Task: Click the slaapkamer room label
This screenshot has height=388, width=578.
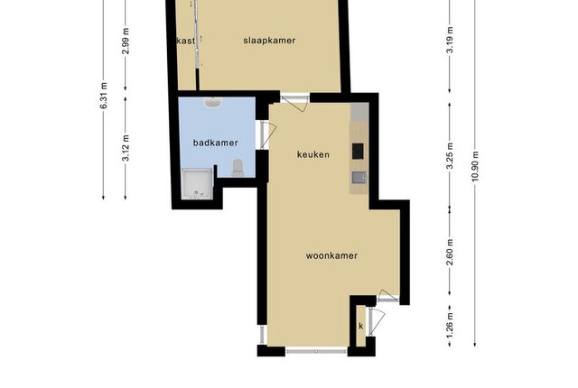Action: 269,41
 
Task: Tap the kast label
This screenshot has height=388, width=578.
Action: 186,41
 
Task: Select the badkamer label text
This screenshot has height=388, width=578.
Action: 216,143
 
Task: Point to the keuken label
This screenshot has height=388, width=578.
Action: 313,154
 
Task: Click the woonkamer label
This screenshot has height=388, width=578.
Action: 331,255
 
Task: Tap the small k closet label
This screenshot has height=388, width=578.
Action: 361,326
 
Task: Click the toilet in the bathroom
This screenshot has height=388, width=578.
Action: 237,168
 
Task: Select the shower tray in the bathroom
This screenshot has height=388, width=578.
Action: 198,184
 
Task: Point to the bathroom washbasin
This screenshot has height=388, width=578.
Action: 212,103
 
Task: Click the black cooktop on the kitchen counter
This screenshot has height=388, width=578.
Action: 358,151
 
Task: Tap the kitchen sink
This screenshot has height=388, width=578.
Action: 358,178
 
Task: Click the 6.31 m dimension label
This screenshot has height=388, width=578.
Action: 104,96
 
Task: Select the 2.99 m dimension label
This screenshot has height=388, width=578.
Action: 126,41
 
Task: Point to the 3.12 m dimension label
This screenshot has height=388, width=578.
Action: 126,148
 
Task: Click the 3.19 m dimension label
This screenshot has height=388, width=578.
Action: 450,40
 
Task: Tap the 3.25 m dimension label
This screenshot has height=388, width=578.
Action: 450,156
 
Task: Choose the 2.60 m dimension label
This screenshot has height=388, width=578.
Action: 450,252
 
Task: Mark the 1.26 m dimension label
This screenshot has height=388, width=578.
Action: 450,326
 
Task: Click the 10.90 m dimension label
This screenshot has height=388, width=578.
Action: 475,166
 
